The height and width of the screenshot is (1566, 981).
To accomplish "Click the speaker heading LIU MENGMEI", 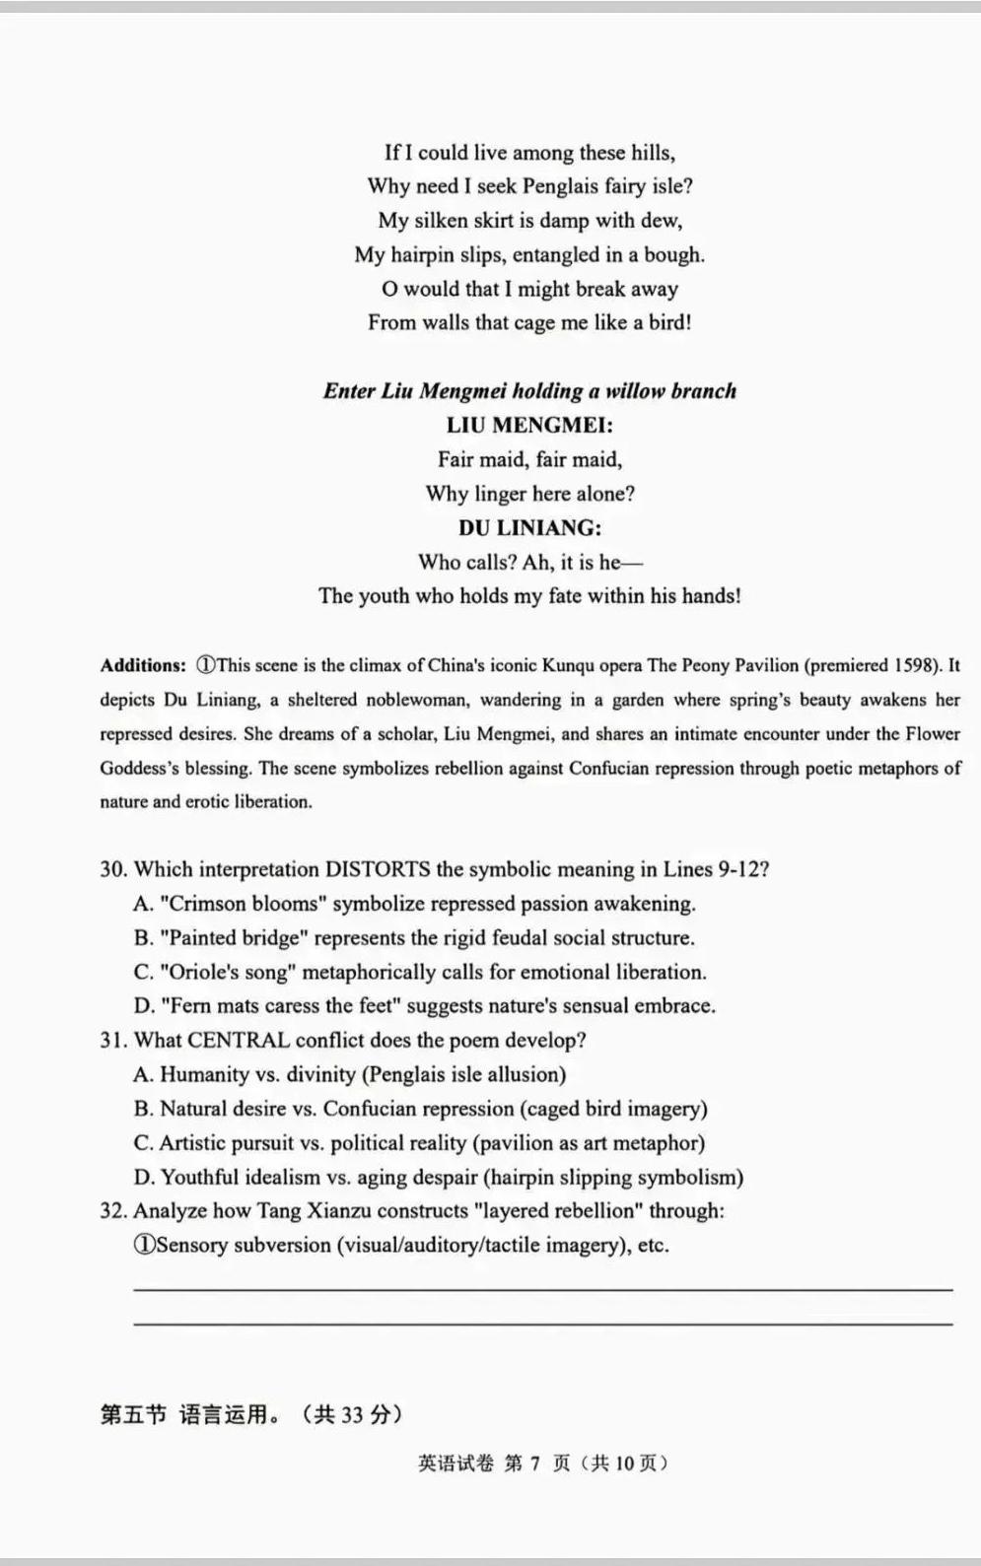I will [x=529, y=425].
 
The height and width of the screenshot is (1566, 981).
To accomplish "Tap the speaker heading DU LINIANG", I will [x=529, y=527].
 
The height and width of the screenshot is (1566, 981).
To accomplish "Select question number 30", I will [x=113, y=869].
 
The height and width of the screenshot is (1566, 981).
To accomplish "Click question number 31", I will [x=113, y=1040].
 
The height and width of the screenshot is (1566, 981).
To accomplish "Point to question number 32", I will [x=113, y=1210].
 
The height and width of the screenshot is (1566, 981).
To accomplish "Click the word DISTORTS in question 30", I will [x=378, y=869].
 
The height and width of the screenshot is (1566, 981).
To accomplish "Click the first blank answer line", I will [x=542, y=1288].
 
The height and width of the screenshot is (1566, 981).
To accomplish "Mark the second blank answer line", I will [x=542, y=1324].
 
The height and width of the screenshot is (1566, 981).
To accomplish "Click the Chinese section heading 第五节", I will [x=133, y=1415].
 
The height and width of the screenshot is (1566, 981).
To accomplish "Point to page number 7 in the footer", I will [x=534, y=1464].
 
